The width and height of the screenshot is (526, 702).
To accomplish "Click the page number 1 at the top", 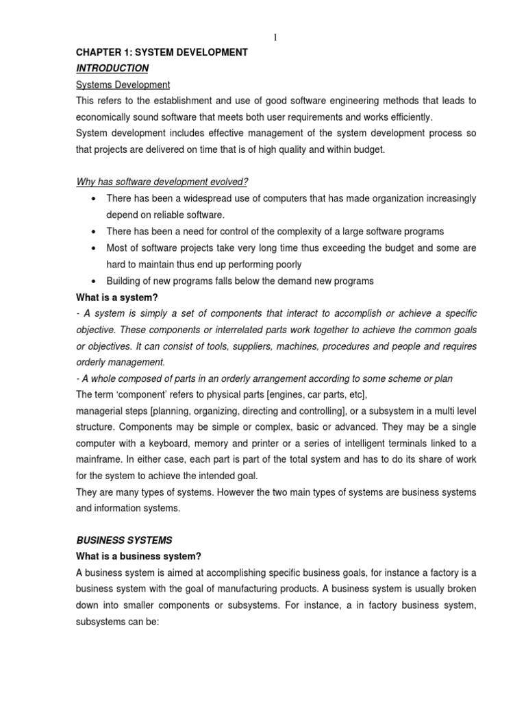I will (x=275, y=38).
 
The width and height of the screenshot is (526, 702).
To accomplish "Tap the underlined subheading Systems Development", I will (x=123, y=84).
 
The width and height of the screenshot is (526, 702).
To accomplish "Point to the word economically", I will (x=102, y=117).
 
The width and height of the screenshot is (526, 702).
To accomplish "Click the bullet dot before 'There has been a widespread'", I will (x=92, y=198).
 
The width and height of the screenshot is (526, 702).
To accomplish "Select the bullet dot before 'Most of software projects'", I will (x=92, y=247).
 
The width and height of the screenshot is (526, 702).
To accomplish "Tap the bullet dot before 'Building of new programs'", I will (x=92, y=280).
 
